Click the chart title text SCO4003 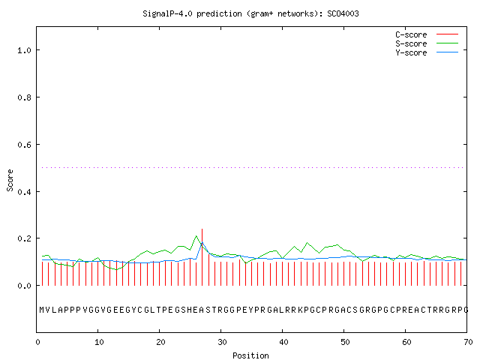343,13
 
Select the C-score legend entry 427,34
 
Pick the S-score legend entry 427,43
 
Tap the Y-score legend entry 427,52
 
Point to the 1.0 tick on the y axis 24,50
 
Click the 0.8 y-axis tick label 24,97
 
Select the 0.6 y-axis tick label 24,145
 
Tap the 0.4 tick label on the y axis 24,192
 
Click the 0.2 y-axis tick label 24,238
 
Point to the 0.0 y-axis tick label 24,286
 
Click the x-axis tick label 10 99,342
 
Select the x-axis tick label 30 222,342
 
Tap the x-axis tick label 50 345,342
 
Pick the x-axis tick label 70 468,342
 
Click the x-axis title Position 250,355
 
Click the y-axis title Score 10,180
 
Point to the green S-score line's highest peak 196,235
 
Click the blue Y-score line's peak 202,243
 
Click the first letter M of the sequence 42,310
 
